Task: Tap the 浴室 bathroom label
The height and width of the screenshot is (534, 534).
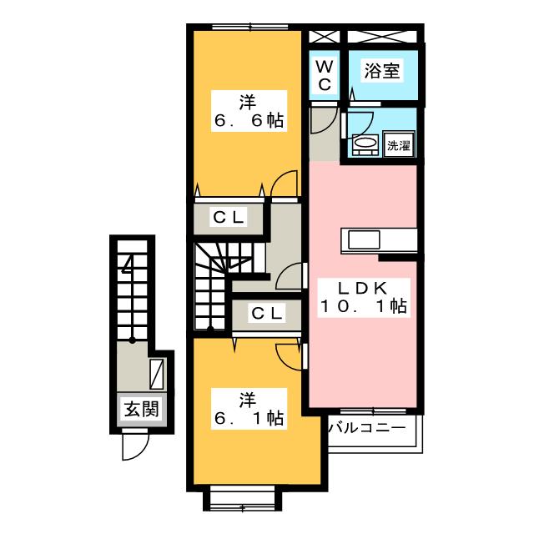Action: [381, 72]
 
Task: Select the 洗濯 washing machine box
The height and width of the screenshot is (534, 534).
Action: [399, 145]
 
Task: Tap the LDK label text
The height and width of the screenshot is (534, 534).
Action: [362, 288]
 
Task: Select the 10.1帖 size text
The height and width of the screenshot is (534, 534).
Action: [362, 307]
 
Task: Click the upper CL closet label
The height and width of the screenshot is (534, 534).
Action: [227, 218]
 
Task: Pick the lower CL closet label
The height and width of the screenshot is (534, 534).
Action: [266, 314]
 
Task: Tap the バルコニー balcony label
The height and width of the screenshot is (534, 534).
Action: [367, 428]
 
